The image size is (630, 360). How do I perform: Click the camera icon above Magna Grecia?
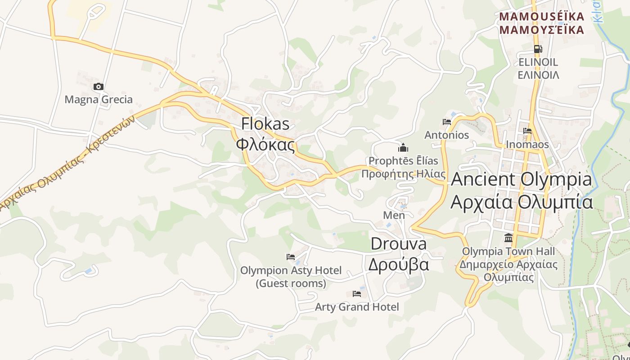click(x=98, y=87)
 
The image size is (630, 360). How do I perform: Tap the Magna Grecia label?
click(x=99, y=99)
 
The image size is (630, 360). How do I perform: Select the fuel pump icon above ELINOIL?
click(x=537, y=49)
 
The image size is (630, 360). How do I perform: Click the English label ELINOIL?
click(x=538, y=62)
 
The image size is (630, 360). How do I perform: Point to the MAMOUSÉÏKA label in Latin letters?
click(x=542, y=17)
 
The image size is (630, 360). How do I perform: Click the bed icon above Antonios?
click(x=447, y=122)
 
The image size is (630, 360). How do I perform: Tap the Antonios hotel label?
click(x=447, y=135)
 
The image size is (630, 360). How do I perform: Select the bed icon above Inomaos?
click(x=527, y=131)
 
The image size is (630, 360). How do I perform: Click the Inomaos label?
click(x=527, y=144)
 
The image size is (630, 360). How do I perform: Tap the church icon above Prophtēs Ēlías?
click(x=403, y=148)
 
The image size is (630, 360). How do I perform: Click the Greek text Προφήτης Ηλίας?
click(x=404, y=174)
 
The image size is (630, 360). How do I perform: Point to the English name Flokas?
click(x=265, y=124)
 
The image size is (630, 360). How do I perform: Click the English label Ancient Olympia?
click(x=522, y=179)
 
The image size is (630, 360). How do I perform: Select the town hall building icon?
click(x=508, y=238)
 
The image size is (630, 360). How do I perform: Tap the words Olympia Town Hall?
click(x=508, y=251)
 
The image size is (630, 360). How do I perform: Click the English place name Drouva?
click(x=398, y=244)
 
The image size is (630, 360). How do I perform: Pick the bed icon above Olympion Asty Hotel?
click(x=291, y=257)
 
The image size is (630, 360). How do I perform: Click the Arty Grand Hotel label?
click(x=357, y=307)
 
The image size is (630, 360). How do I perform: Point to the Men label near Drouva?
click(x=394, y=215)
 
